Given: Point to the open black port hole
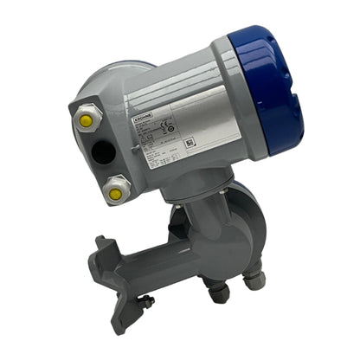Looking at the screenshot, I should (x=103, y=153).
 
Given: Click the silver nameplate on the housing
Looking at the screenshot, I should (x=170, y=138).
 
